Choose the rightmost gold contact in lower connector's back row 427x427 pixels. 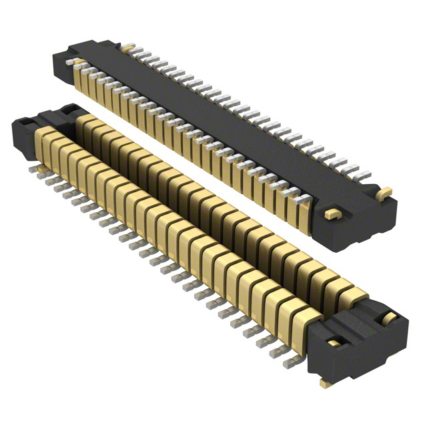[354, 294]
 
